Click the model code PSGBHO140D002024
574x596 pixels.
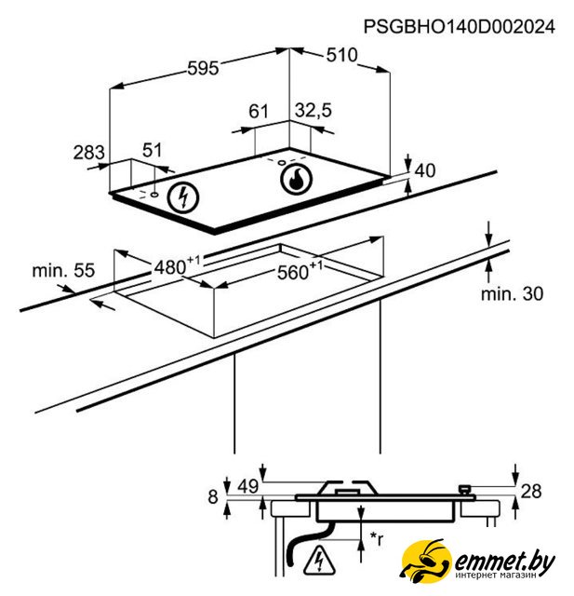pos(460,27)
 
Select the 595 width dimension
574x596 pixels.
pos(204,68)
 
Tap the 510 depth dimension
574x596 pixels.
pos(341,56)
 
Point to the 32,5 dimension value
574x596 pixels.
pos(314,111)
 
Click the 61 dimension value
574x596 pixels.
pos(259,112)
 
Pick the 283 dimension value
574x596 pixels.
pos(88,153)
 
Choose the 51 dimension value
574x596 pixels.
pos(153,150)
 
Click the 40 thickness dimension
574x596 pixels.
pos(425,170)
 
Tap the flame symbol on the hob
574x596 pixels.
pos(296,179)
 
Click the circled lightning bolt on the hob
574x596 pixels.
pos(184,197)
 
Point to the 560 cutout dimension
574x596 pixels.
pos(300,270)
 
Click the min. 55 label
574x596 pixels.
pos(63,271)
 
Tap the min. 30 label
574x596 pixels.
pos(512,294)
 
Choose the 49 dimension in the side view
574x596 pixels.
pos(248,486)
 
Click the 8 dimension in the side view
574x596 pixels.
pos(213,496)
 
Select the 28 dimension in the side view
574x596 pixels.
pos(531,491)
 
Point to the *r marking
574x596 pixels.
pos(377,538)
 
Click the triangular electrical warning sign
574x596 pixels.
pos(320,560)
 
